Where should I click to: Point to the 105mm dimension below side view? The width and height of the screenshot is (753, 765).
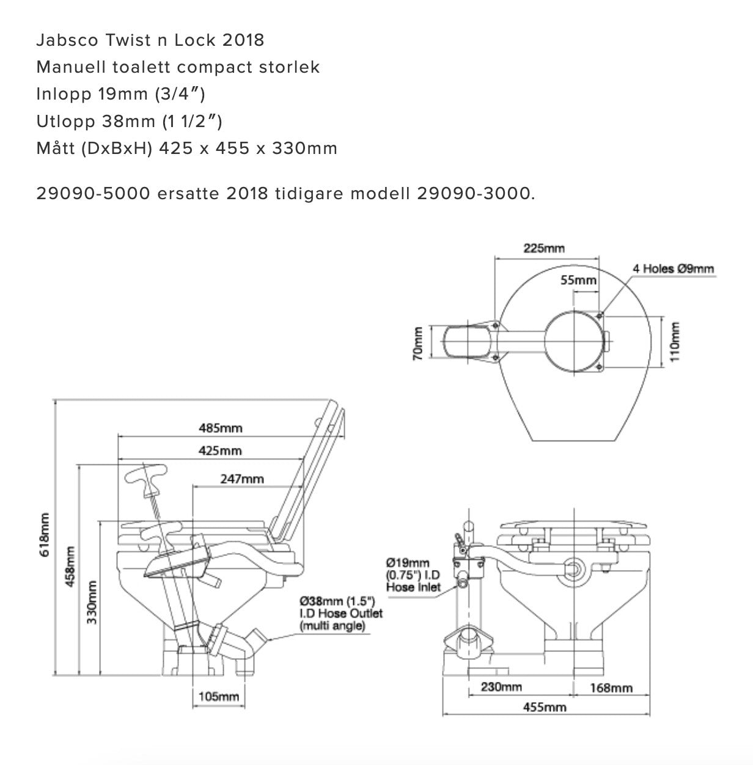click(218, 696)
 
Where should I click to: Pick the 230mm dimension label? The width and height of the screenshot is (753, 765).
click(501, 687)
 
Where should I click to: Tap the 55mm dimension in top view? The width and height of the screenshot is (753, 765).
click(578, 280)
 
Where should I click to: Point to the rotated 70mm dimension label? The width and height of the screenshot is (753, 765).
click(418, 343)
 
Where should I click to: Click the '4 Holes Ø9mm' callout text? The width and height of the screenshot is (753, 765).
click(673, 268)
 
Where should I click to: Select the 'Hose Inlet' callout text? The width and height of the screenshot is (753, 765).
click(413, 587)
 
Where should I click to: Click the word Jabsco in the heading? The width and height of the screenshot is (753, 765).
click(66, 40)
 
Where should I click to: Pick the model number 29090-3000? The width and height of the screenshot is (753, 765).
click(476, 194)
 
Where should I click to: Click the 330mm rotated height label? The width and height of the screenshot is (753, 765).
click(92, 602)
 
